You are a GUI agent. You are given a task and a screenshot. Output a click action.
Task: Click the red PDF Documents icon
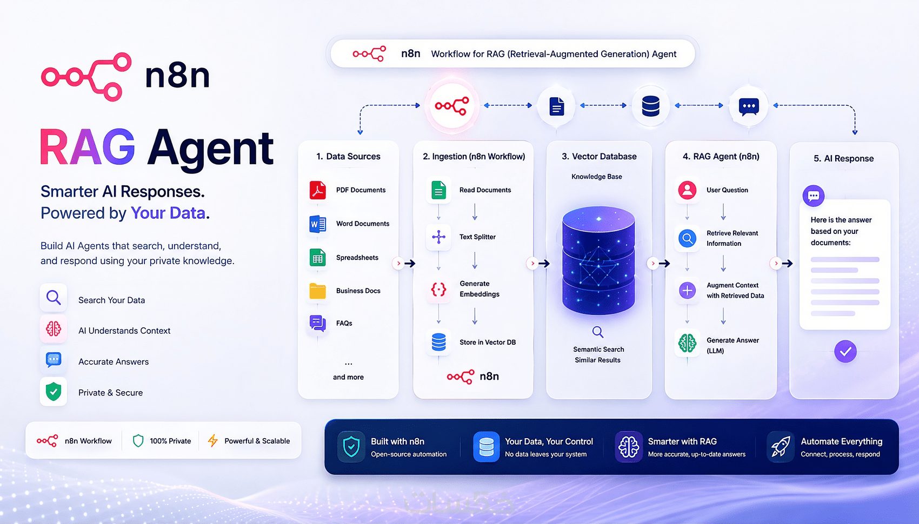point(317,190)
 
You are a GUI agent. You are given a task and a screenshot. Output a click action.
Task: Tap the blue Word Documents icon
point(317,224)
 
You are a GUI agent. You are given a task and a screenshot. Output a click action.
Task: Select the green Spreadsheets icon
point(317,258)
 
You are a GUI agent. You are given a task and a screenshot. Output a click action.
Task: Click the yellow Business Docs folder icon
point(317,291)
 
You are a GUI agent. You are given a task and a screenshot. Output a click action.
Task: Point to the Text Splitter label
point(477,237)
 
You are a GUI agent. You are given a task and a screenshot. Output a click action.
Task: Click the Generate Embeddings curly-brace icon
point(438,290)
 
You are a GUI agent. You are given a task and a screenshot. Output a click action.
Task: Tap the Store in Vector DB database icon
point(438,342)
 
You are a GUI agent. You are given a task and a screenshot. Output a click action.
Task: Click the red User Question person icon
point(687,190)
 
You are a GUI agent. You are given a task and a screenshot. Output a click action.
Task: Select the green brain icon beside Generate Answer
point(687,343)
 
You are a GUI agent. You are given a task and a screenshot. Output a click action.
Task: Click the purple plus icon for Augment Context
point(687,290)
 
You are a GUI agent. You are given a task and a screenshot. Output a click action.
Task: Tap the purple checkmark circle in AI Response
point(845,351)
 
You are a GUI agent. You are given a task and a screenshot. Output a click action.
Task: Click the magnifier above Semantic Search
point(598,332)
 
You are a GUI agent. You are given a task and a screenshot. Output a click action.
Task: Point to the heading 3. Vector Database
point(599,156)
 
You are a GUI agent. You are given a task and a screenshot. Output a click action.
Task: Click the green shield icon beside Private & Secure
point(54,392)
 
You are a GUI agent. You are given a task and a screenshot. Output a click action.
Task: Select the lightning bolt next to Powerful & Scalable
point(212,441)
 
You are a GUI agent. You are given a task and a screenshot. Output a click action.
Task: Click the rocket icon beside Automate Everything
point(780,446)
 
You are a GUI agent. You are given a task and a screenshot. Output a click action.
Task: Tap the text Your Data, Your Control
point(549,441)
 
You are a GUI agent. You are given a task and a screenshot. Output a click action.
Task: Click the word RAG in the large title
point(88,147)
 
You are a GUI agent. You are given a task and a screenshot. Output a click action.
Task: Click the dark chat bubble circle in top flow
point(749,106)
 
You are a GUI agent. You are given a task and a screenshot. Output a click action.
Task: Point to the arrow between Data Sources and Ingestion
point(410,263)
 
